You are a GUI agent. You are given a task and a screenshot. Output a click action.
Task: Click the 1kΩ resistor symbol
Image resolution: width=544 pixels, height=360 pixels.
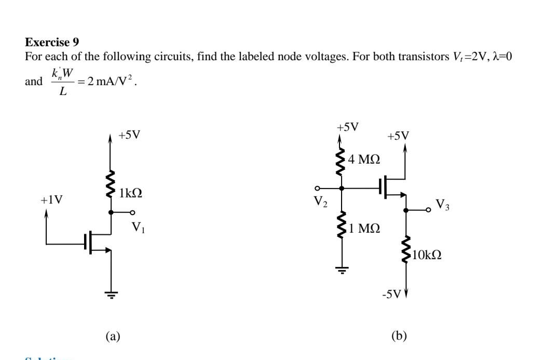tap(111, 184)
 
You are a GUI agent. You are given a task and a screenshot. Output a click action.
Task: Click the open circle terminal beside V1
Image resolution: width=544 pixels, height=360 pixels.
tap(132, 212)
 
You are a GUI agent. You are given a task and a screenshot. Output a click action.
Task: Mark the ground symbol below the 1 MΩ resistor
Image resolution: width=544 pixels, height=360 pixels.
tap(342, 269)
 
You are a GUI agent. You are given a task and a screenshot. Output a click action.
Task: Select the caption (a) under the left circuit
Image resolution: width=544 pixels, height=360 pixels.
tap(113, 336)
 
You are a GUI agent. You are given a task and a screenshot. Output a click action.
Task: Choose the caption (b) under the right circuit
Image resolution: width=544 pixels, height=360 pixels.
tap(399, 336)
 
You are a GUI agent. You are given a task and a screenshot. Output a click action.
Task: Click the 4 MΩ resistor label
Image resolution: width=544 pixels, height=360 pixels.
tap(364, 159)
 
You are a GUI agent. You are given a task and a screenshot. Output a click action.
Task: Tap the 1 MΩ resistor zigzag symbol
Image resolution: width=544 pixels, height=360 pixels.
tap(342, 224)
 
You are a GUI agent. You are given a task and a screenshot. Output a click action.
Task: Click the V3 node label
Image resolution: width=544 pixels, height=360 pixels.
tap(442, 205)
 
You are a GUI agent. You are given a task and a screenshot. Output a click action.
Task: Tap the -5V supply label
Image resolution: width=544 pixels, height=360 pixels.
tap(391, 295)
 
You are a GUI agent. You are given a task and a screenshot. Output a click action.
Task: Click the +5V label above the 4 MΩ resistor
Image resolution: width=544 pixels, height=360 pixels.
tap(347, 127)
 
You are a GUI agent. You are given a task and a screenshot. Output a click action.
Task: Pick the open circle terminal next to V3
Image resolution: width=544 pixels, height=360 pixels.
tap(428, 210)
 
